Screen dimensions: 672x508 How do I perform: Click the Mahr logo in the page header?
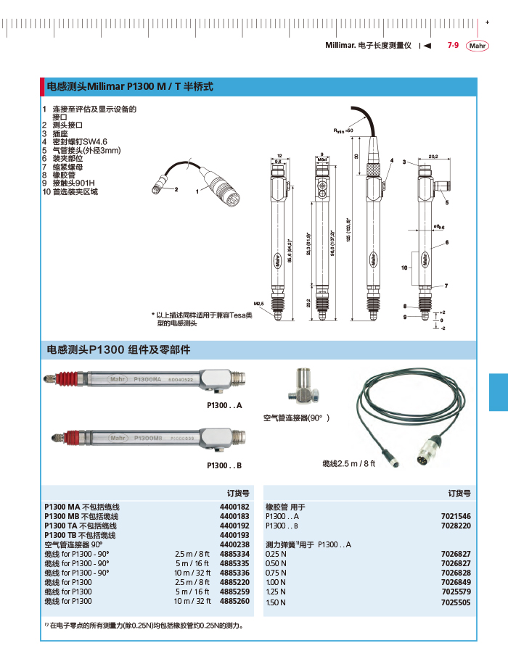478,46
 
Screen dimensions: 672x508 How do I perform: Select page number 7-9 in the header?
453,45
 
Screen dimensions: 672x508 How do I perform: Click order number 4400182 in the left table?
234,507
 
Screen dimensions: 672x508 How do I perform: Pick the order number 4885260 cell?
234,601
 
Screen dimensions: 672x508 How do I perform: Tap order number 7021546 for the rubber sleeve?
456,516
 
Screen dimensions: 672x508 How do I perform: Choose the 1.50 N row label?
276,602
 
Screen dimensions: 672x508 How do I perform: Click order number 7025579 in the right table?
456,592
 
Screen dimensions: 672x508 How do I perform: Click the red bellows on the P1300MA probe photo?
65,378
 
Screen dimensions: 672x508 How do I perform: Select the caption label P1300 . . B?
224,465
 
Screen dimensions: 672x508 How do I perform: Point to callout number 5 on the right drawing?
447,203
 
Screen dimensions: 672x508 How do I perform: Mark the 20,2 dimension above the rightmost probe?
433,156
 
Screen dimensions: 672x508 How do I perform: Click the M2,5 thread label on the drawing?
258,303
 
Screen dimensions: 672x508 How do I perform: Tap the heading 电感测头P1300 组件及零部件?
118,349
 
